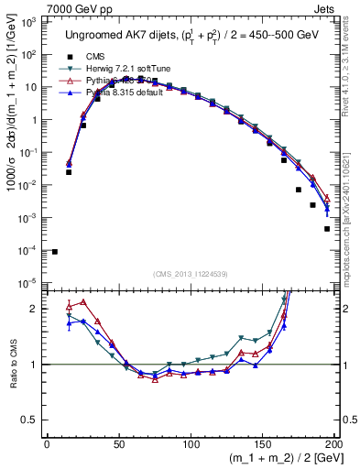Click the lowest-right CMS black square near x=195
click(x=326, y=229)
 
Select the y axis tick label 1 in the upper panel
click(x=35, y=119)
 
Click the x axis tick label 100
click(x=190, y=446)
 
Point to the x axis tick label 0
click(x=47, y=446)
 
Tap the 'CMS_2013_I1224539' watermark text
click(x=191, y=274)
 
